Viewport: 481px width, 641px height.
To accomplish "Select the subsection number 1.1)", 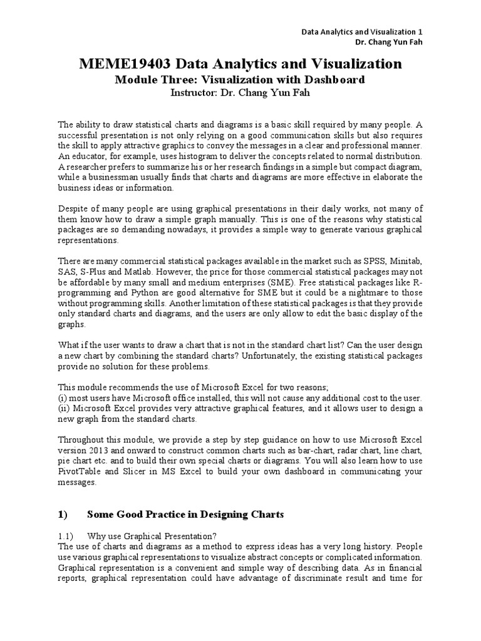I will click(x=66, y=536).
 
